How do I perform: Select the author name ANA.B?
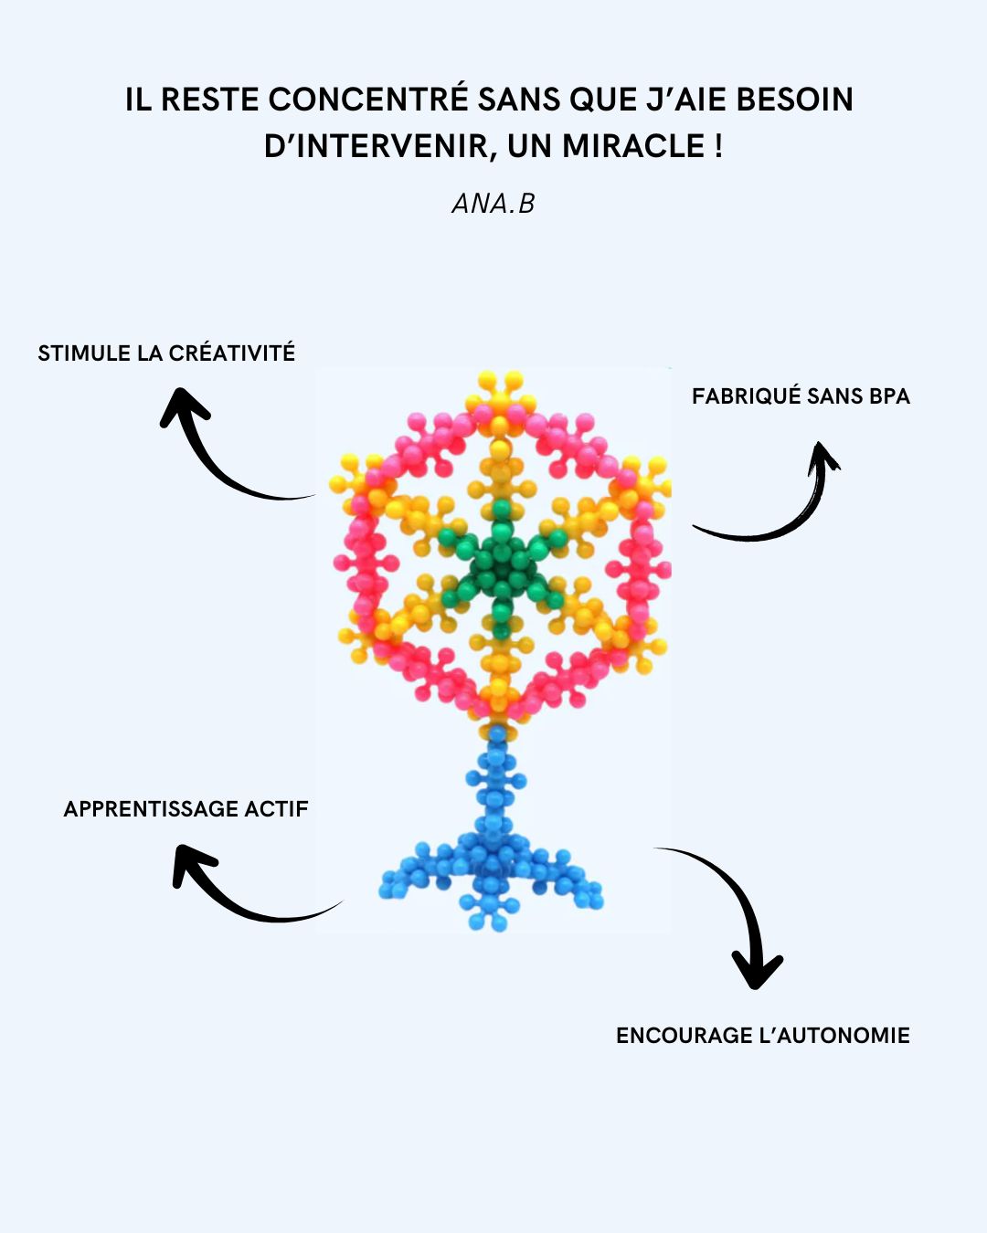[493, 204]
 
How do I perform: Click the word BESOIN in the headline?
[794, 100]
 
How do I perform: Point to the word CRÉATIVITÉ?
[232, 353]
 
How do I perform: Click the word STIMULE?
[84, 353]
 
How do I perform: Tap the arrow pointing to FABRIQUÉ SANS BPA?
[786, 511]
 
